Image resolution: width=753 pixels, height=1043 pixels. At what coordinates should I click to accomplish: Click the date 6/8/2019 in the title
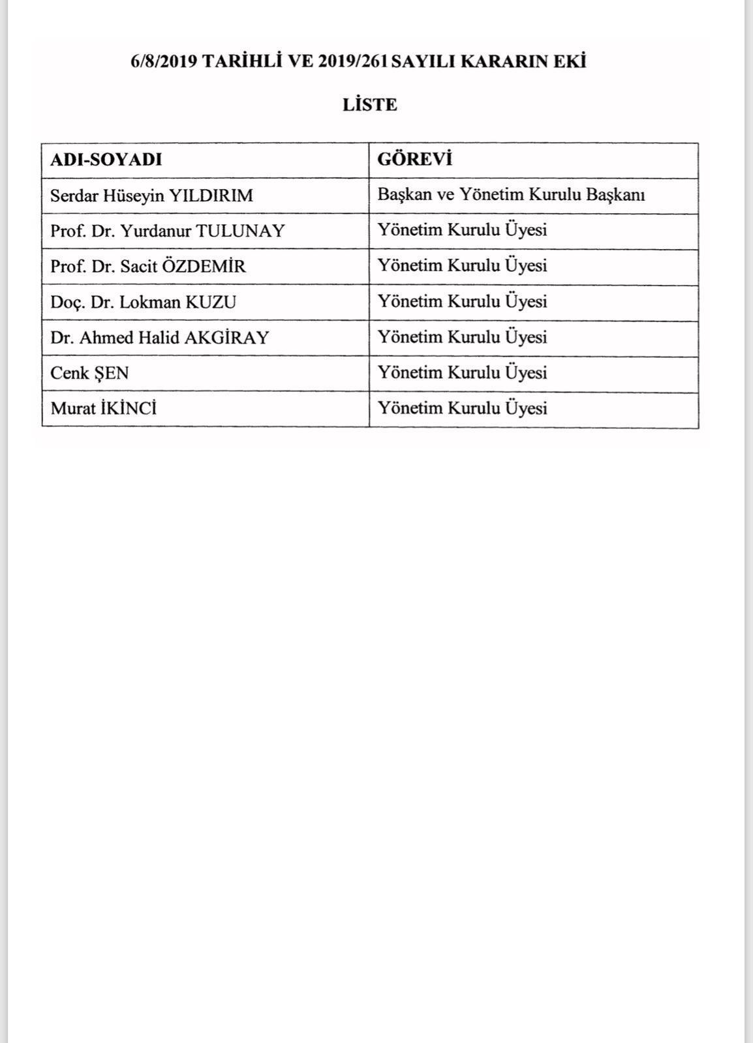click(163, 61)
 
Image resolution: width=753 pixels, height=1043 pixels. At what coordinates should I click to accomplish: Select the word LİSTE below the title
click(369, 105)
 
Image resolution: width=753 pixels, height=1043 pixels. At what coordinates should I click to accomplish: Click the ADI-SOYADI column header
click(106, 160)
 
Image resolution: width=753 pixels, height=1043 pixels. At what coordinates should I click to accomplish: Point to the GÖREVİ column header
click(415, 160)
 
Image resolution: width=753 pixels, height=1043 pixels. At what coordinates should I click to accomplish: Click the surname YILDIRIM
click(211, 196)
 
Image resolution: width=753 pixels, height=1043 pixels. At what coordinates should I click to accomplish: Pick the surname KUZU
click(211, 302)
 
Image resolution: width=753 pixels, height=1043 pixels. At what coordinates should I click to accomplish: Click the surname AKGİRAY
click(227, 338)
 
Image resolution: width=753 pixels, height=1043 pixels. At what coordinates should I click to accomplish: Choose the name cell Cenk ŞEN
click(89, 374)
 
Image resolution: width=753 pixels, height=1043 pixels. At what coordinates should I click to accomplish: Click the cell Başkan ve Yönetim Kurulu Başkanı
click(511, 195)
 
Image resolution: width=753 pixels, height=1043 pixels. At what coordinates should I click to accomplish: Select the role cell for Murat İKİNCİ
click(462, 409)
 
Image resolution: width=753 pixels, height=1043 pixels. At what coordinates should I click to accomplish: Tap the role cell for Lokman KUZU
click(462, 302)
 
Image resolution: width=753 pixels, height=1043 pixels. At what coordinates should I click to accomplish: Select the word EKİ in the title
click(572, 61)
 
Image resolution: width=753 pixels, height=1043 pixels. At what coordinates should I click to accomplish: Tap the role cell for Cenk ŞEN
click(462, 373)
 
